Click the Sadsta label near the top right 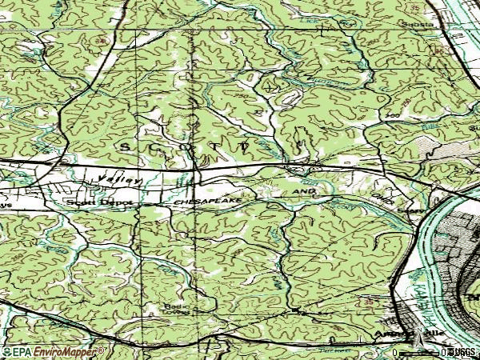(x=422, y=25)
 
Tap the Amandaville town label (x=398, y=333)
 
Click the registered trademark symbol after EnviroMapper (x=102, y=350)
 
